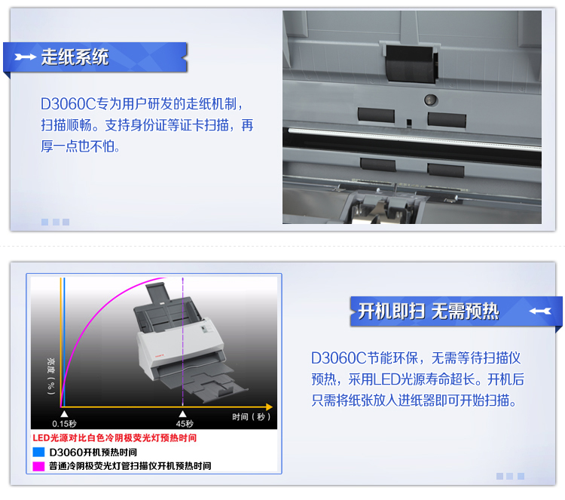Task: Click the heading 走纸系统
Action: coord(75,57)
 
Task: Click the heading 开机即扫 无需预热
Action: coord(429,311)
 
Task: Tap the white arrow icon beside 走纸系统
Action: coord(25,57)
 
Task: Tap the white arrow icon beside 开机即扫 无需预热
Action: coord(540,311)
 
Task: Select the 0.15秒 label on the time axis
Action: coord(64,424)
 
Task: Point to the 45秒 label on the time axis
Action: coord(185,424)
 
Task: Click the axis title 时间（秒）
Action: coord(251,416)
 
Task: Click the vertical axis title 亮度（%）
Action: coord(51,376)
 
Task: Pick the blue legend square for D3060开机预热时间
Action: coord(38,452)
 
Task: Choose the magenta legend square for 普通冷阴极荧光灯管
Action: coord(38,466)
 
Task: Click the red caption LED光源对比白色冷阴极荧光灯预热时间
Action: coord(115,438)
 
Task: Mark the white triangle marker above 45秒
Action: coord(183,414)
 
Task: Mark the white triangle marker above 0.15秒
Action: coord(64,414)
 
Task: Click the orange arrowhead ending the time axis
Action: coord(269,407)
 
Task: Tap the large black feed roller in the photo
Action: coord(411,64)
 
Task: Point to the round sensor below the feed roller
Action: coord(431,100)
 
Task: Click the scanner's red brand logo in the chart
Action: coord(159,356)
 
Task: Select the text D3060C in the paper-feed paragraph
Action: coord(69,104)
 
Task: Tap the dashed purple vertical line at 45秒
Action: coord(183,342)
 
